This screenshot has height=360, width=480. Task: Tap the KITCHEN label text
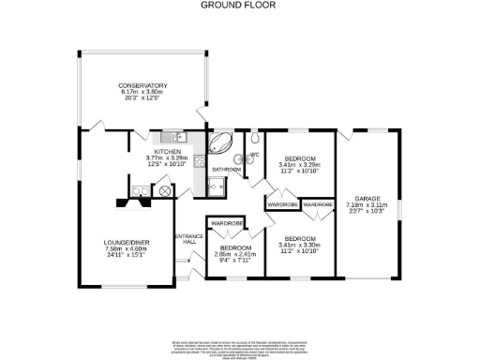[167, 152]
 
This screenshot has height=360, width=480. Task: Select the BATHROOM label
[226, 170]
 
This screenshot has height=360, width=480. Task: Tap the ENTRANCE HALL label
[187, 239]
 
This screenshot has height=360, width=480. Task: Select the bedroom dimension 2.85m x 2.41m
[229, 254]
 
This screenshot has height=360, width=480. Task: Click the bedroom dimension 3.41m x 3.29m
[300, 165]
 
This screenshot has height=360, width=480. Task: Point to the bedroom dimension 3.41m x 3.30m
[300, 246]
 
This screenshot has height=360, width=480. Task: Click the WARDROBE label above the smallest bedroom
[227, 223]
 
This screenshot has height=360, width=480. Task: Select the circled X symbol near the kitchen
[166, 191]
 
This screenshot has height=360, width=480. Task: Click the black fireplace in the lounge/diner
[123, 201]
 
